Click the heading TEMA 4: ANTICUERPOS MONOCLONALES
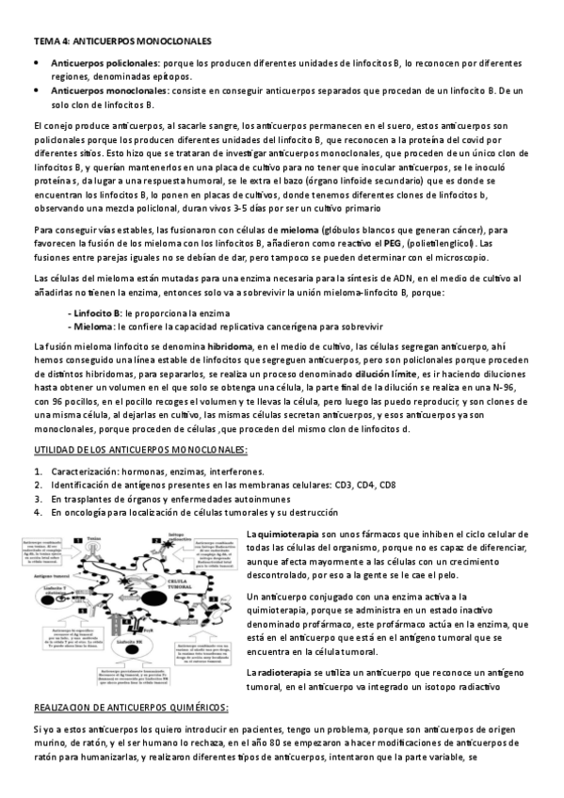click(122, 41)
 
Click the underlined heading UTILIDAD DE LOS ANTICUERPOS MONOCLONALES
click(140, 451)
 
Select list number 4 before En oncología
click(36, 514)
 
